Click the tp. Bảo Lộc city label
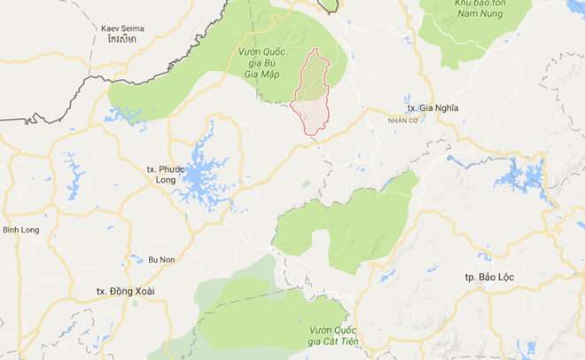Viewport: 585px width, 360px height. click(x=488, y=277)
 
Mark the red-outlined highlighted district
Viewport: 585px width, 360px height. click(x=314, y=98)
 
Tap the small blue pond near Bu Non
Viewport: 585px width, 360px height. click(x=136, y=260)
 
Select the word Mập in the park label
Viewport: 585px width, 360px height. click(x=278, y=74)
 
